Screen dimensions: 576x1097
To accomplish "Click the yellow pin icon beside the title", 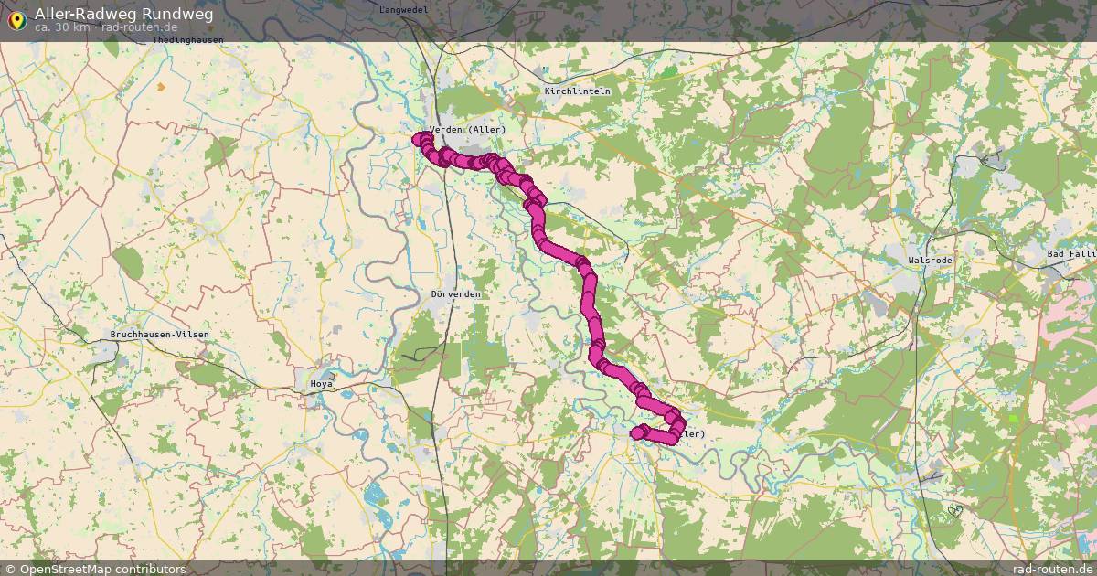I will (x=17, y=19).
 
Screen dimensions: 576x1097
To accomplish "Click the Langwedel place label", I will (x=403, y=8).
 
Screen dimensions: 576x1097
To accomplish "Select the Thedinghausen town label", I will (x=188, y=39).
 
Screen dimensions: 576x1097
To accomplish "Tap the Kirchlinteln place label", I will (x=577, y=91).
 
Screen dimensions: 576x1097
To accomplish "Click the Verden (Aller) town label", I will (x=467, y=130).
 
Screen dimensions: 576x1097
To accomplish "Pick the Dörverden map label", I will (x=455, y=294).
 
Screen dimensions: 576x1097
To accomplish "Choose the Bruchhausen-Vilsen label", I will (x=159, y=335).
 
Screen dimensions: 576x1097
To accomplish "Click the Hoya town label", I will (x=322, y=384).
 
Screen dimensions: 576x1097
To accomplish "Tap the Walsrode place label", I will (x=930, y=261).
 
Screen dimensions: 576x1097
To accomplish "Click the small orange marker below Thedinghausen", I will (x=162, y=87).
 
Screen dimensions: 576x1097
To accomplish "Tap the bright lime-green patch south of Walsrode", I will (x=1012, y=419).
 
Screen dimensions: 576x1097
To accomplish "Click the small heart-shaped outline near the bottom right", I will (x=955, y=511).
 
